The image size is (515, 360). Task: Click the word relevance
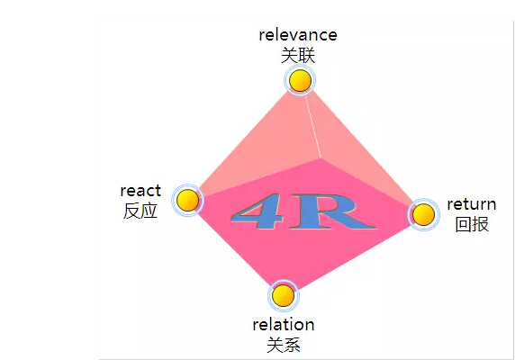click(298, 35)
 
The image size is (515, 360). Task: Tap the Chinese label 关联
click(298, 55)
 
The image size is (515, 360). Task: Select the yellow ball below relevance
click(300, 80)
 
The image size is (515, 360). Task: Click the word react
click(140, 190)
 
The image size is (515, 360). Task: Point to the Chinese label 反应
click(140, 211)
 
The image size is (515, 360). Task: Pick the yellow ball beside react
click(188, 200)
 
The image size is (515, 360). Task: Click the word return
click(472, 204)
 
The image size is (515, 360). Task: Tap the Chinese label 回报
click(472, 224)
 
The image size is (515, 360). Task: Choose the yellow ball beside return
click(423, 214)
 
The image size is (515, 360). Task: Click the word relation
click(284, 325)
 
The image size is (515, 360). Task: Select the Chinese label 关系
click(284, 345)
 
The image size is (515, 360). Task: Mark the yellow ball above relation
click(284, 296)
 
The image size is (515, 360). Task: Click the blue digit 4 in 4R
click(257, 211)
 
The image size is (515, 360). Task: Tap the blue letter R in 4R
click(331, 211)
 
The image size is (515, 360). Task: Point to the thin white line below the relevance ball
click(312, 126)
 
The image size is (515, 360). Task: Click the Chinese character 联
click(307, 55)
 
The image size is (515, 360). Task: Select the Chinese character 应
click(149, 211)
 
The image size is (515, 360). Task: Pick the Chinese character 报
click(481, 224)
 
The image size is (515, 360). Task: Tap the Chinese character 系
click(292, 345)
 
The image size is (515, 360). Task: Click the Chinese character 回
click(464, 224)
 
